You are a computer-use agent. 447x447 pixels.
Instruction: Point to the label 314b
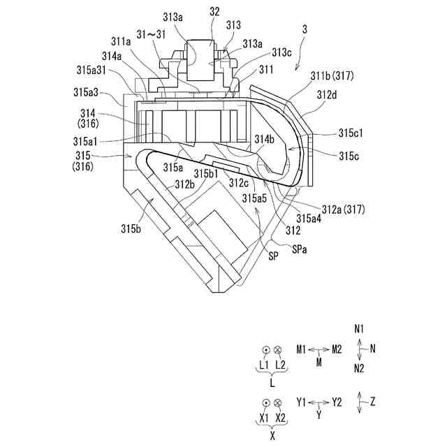[x=264, y=139]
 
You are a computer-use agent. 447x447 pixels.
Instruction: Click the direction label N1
[x=360, y=328]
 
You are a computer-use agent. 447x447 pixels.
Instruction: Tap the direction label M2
[x=337, y=349]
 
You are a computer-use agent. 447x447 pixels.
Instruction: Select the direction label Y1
[x=302, y=402]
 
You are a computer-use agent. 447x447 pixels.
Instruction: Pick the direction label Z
[x=373, y=402]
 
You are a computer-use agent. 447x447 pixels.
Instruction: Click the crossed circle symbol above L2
[x=278, y=350]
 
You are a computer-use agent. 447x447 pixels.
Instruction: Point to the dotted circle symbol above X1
[x=266, y=403]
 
